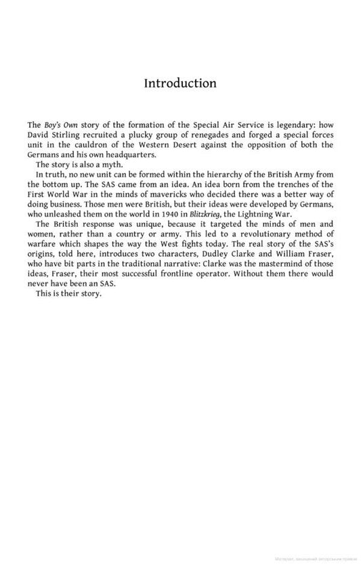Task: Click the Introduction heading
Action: pyautogui.click(x=180, y=83)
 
